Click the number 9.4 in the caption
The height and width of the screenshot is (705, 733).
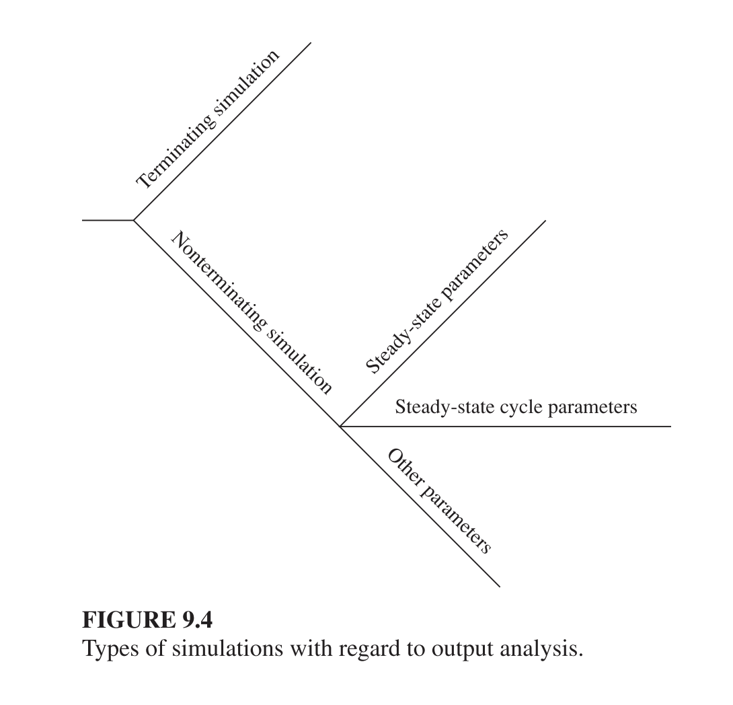pos(197,620)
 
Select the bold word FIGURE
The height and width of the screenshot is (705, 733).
pos(129,620)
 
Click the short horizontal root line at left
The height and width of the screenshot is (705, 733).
pos(108,220)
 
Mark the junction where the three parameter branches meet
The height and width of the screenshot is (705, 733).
pos(340,426)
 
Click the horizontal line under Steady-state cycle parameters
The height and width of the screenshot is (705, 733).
pos(505,426)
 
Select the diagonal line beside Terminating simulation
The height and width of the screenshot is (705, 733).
pos(223,131)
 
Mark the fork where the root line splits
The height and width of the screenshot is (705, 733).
pos(134,220)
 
